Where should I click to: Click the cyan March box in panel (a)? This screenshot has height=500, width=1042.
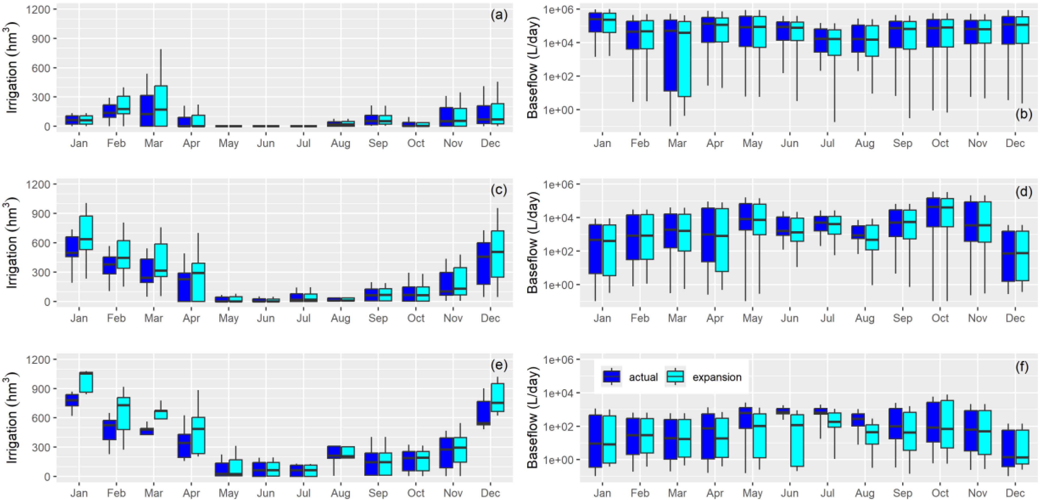160,106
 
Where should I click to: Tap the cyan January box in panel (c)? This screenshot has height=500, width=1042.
86,233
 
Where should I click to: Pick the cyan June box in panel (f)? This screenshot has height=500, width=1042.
797,441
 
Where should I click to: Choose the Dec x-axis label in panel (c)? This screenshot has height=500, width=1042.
490,318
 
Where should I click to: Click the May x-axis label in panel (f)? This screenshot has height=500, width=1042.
752,493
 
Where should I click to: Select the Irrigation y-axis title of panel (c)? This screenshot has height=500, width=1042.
13,243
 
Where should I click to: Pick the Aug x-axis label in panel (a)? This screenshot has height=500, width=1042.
340,143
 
